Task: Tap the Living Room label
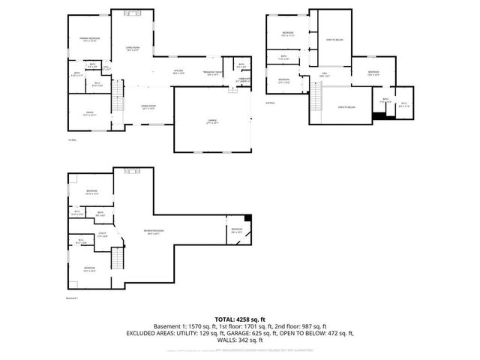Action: click(x=133, y=49)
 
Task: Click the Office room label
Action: click(x=89, y=113)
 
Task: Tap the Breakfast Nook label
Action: click(x=214, y=73)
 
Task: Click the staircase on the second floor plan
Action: click(x=316, y=95)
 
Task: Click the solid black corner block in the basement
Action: click(x=249, y=218)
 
